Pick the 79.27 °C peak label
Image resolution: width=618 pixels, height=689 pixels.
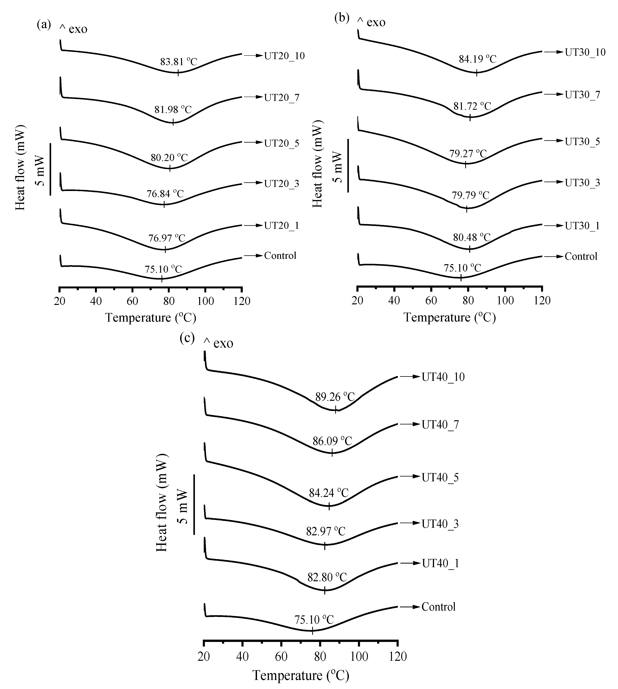[468, 154]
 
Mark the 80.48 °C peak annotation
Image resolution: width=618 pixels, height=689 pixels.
[472, 237]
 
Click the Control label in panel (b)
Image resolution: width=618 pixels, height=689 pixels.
[581, 256]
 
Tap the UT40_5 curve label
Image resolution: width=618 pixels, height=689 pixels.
[440, 477]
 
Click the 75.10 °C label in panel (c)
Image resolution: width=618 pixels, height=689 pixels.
[314, 620]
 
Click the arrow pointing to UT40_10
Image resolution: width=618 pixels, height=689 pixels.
[409, 377]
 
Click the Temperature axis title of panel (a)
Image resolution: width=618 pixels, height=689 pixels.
[151, 318]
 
